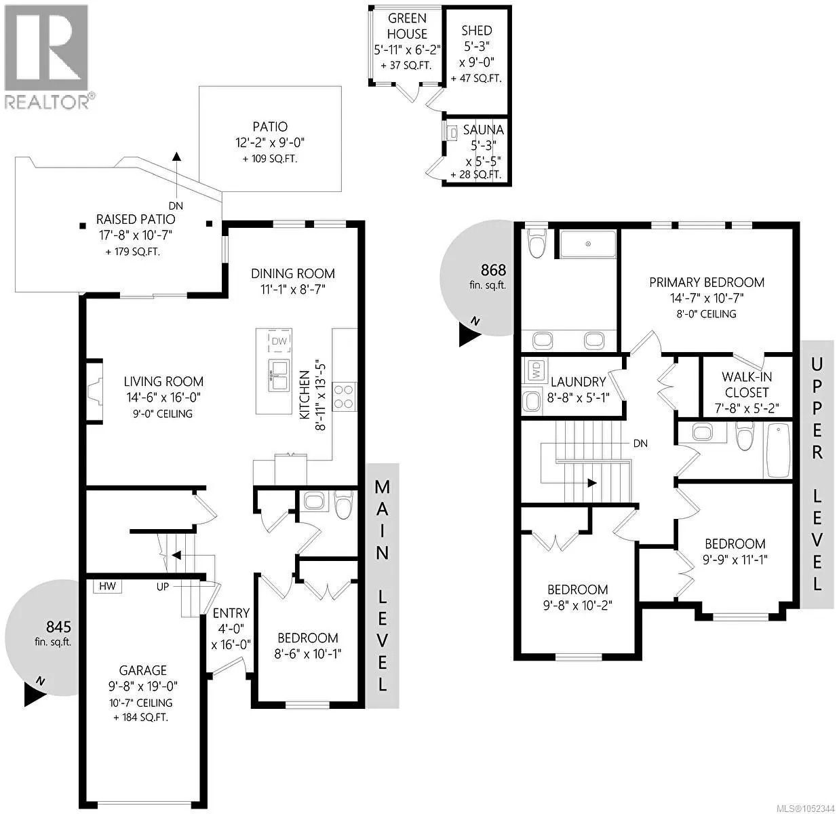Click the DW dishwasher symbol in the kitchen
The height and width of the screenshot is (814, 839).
(x=279, y=341)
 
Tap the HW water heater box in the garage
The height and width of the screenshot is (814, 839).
(x=107, y=586)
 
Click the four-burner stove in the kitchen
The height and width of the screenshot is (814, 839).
(x=344, y=396)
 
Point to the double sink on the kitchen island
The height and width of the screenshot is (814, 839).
(x=279, y=376)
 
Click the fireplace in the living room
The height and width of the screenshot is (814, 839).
(x=95, y=391)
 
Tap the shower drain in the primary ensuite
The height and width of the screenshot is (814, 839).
(x=588, y=244)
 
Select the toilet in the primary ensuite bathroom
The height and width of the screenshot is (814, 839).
(x=537, y=243)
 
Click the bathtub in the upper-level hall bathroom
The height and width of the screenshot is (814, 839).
(x=777, y=450)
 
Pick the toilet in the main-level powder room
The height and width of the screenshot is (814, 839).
(x=344, y=505)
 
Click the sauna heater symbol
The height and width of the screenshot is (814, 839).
(x=452, y=133)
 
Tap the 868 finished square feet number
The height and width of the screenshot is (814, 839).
(x=493, y=271)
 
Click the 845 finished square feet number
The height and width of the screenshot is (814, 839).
(x=58, y=627)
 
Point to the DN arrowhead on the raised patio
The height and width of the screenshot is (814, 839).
(x=176, y=155)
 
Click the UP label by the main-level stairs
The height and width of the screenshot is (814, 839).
(x=163, y=586)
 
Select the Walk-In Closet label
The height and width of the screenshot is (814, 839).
(x=747, y=385)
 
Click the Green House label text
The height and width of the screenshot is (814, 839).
(x=407, y=26)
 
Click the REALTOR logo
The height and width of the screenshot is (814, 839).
(x=47, y=56)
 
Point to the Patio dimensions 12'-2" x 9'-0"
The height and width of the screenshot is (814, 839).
(x=270, y=142)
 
